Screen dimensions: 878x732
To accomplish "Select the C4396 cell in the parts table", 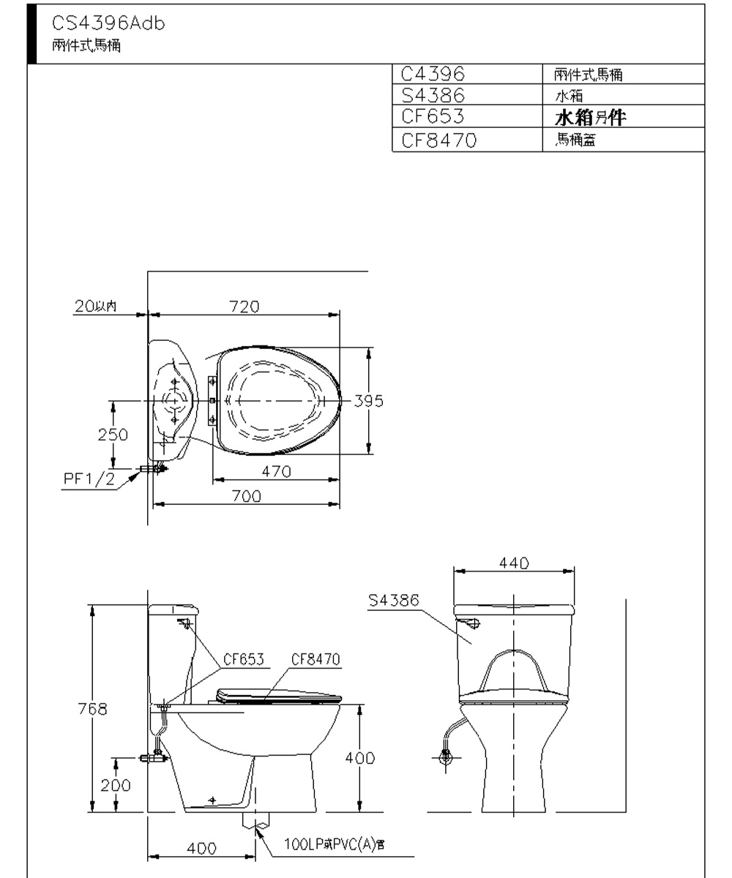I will tap(433, 74).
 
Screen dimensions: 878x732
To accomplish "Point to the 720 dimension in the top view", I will tap(244, 306).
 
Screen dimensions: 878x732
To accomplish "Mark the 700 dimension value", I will tap(247, 496).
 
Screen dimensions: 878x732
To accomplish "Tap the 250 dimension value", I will tap(113, 434).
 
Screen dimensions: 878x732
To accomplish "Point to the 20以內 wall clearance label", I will tap(95, 306).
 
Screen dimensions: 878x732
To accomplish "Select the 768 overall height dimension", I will tap(93, 708).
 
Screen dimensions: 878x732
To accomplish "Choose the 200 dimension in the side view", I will tap(116, 785).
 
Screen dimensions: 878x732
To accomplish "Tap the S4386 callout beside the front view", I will tap(394, 601).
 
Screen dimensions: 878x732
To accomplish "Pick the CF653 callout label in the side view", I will tap(245, 658).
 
